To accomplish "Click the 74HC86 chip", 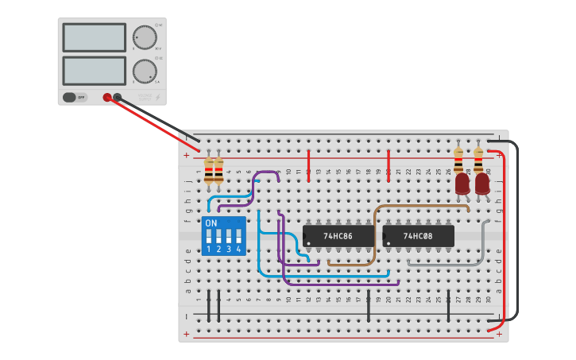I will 338,236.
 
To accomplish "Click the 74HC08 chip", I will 418,236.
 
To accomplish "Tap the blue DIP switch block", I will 223,235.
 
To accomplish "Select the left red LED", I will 462,184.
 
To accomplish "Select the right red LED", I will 482,184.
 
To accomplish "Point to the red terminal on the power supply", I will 107,98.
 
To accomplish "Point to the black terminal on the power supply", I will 118,98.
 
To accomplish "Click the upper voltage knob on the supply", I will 145,37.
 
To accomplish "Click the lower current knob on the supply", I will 145,71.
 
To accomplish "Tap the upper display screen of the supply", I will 94,37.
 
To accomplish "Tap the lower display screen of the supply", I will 94,71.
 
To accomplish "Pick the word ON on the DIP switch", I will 211,223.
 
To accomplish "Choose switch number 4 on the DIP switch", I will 238,237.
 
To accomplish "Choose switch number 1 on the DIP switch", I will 208,237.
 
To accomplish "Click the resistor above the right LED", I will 478,158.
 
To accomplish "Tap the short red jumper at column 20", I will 389,165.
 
